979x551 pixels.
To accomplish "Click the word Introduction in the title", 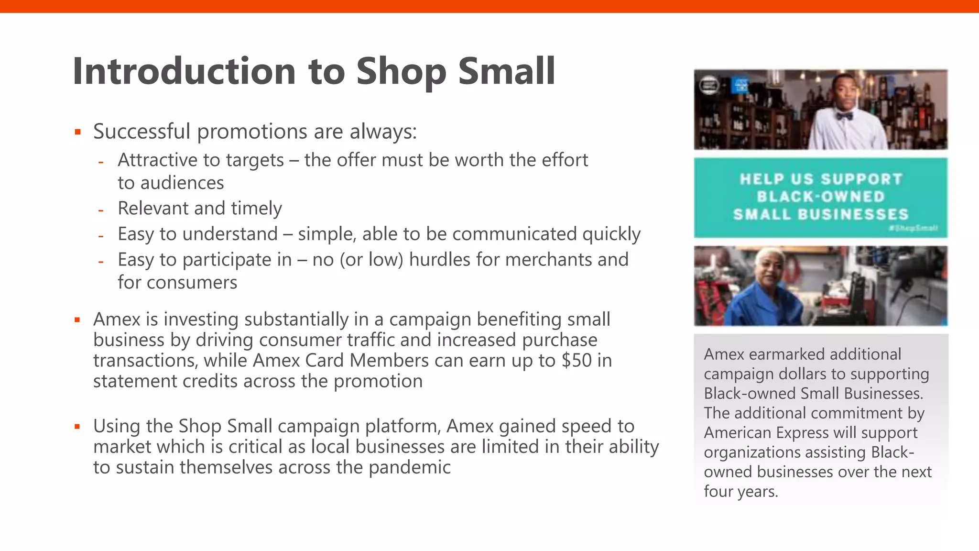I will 184,72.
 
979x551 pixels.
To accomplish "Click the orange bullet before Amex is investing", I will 77,320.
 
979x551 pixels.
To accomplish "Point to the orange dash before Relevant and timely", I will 101,210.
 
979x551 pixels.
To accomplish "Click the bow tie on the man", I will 845,116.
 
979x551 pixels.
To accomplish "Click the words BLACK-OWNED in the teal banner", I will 821,197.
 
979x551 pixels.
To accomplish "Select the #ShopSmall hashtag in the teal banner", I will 913,228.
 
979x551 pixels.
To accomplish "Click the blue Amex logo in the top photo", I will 740,86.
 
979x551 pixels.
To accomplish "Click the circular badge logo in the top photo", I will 709,86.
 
